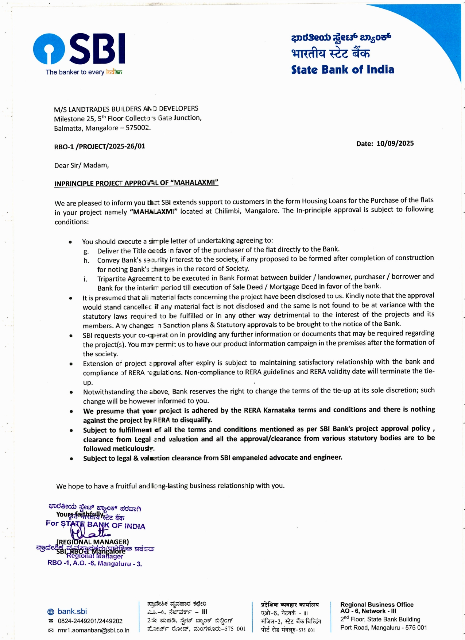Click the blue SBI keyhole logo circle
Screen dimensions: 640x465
point(49,49)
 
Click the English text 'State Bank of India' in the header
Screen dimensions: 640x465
point(342,70)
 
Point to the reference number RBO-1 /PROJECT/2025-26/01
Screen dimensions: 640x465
point(100,146)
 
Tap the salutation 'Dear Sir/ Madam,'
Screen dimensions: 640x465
point(81,165)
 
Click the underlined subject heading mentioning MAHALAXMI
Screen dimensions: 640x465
point(136,183)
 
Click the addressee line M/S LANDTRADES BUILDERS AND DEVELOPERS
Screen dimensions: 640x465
point(126,109)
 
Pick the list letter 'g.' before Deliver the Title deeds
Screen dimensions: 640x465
point(86,251)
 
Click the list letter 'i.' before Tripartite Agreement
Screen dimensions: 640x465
point(85,279)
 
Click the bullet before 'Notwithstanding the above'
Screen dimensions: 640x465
point(71,392)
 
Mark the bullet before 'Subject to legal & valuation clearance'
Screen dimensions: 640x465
point(71,459)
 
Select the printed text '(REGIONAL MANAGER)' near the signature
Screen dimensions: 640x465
point(93,542)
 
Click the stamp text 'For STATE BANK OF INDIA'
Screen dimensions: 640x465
point(96,525)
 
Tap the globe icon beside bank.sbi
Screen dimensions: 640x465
point(51,612)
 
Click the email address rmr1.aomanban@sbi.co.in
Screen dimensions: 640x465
point(93,630)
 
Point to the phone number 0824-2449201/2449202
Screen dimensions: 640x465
point(90,621)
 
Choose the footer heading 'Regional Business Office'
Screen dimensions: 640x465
point(376,605)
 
